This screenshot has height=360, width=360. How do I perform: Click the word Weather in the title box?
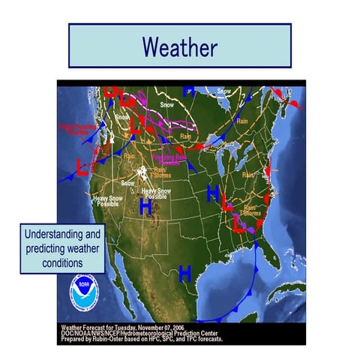(x=179, y=47)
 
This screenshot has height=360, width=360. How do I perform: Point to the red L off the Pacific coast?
(x=82, y=166)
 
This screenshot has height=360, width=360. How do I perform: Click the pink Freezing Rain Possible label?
(x=169, y=158)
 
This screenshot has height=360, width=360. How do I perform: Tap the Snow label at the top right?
(x=224, y=91)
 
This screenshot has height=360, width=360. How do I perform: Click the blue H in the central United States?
(x=213, y=193)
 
